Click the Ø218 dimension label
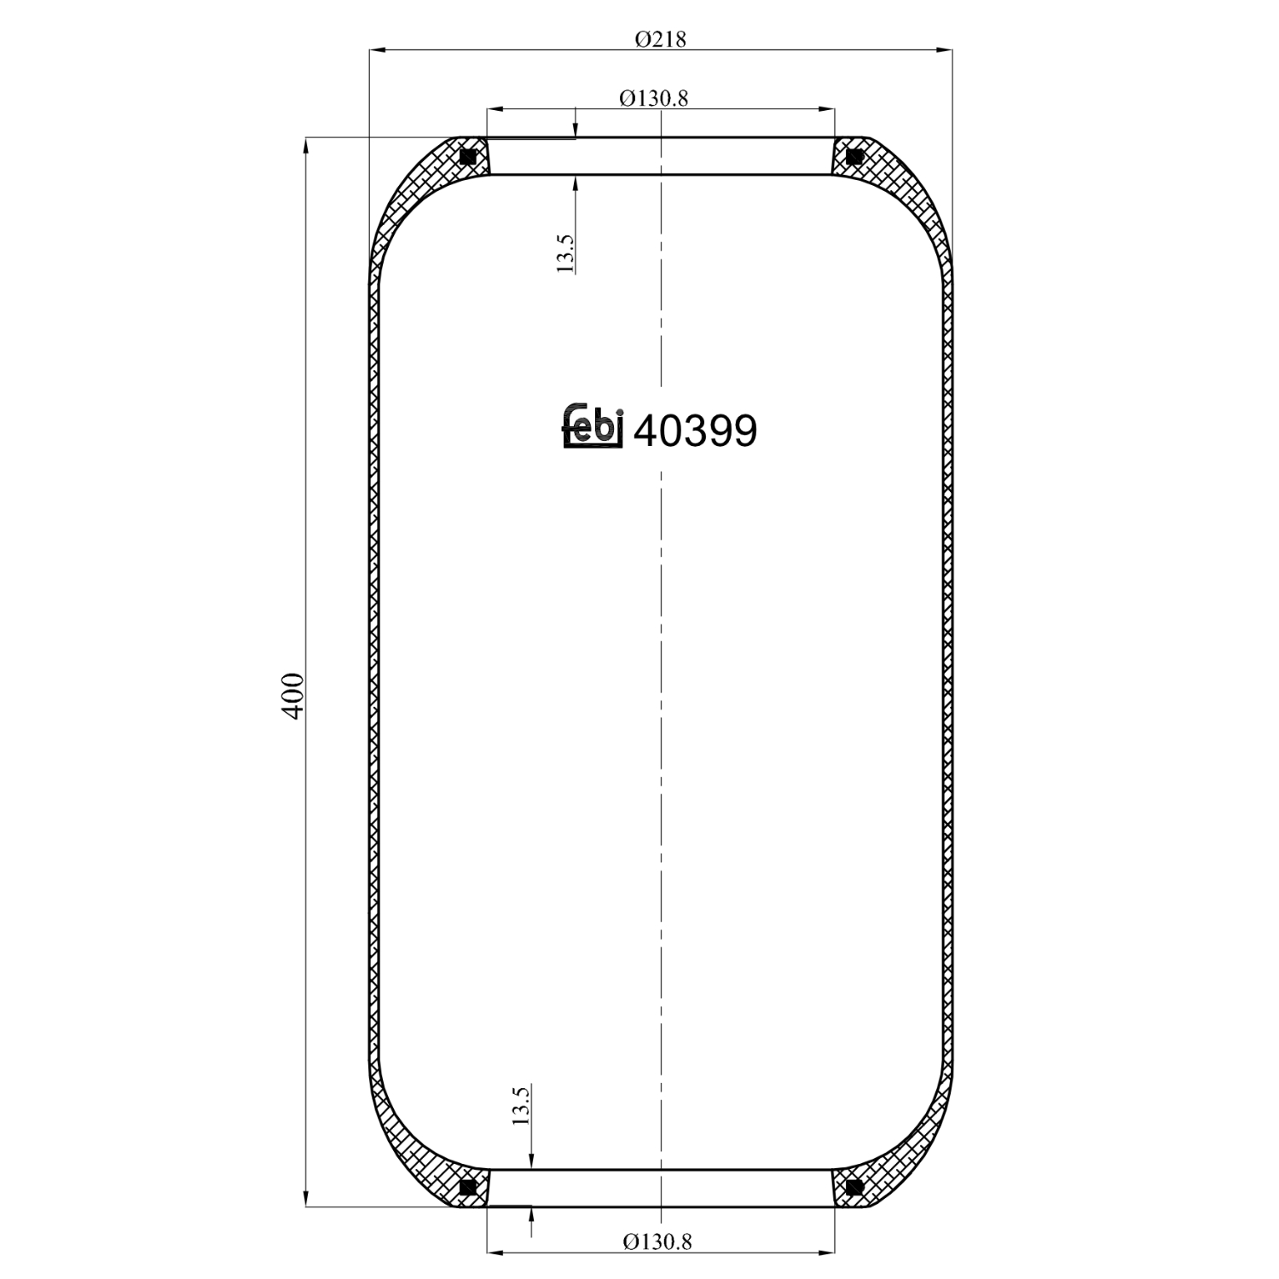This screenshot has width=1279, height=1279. tap(661, 39)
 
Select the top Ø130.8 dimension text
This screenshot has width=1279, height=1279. tap(654, 98)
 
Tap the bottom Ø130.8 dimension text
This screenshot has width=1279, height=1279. tap(657, 1241)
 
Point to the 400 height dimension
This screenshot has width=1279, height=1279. tap(292, 696)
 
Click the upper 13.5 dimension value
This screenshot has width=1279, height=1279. tap(565, 253)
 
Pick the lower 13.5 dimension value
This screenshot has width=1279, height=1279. tap(521, 1105)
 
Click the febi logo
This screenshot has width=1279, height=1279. tap(593, 425)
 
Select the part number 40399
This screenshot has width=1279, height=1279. tap(696, 431)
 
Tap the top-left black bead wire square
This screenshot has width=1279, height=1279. tap(467, 157)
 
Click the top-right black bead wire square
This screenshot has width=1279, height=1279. tap(854, 157)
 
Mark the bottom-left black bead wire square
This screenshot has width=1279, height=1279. tap(467, 1187)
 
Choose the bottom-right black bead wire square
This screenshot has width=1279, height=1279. tap(854, 1187)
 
